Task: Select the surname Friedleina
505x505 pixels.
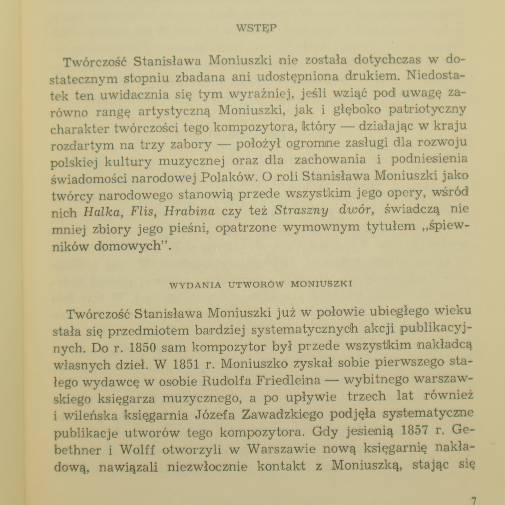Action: (x=290, y=381)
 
